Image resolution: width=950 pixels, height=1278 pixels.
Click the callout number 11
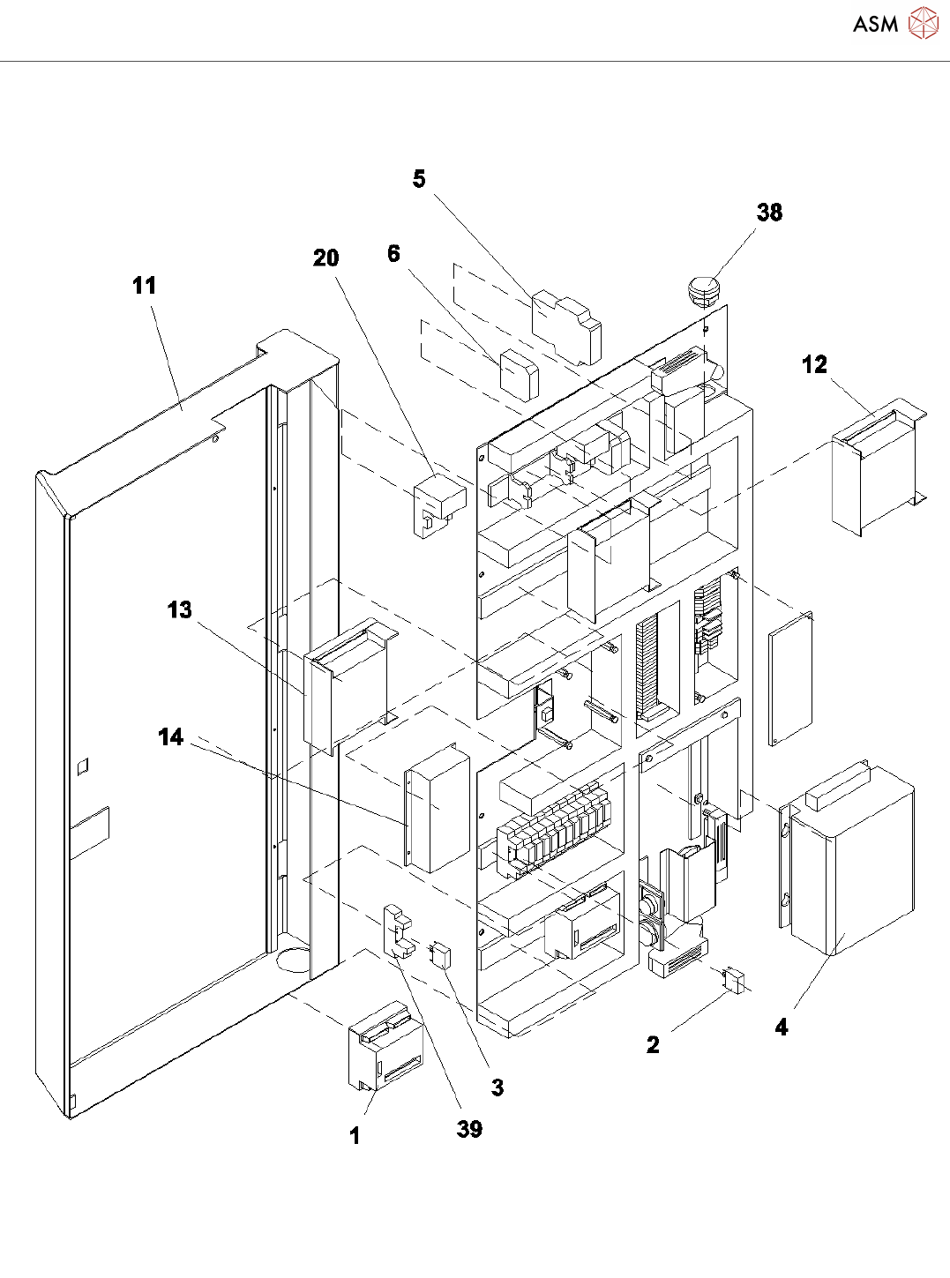[144, 286]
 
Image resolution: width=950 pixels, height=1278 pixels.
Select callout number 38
[769, 213]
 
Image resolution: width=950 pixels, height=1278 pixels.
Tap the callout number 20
[325, 258]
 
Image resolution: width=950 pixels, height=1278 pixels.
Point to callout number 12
[814, 364]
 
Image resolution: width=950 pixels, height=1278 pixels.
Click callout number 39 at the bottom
[469, 1129]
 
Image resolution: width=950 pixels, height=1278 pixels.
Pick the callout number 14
[171, 736]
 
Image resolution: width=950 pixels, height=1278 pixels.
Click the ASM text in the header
[875, 25]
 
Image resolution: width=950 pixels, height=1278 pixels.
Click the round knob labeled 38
[703, 288]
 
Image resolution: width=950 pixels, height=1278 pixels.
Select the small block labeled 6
[519, 375]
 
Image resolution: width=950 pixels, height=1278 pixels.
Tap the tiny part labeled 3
[440, 954]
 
